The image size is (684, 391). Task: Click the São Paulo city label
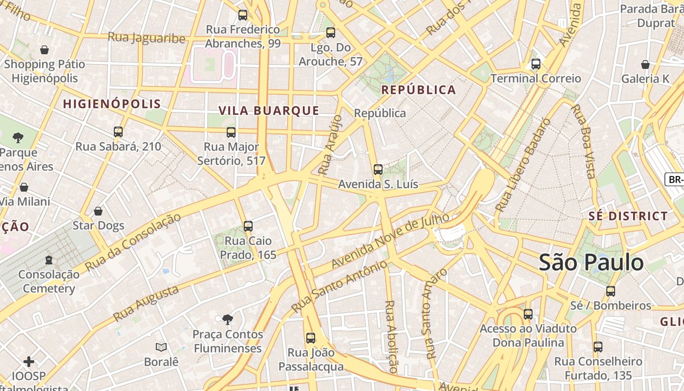point(591,262)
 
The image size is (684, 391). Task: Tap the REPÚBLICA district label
point(418,90)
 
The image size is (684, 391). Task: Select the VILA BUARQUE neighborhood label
point(269,110)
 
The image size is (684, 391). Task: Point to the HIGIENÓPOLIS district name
point(112,104)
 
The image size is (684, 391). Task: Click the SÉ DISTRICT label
point(628,216)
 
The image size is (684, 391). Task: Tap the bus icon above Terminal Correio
point(536,64)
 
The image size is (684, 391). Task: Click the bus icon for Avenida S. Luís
point(378,170)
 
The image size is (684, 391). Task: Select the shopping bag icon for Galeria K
point(645,65)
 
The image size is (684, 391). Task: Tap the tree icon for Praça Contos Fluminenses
point(227,320)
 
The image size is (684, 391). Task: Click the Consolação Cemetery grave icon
point(49,260)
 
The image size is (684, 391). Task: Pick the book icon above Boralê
point(161,347)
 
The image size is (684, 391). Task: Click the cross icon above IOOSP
point(29,362)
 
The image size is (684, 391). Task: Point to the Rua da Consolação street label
point(132,241)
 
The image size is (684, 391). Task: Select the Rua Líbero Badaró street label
point(523,165)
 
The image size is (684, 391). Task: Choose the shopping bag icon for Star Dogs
point(98,211)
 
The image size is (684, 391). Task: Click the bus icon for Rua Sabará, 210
point(118,131)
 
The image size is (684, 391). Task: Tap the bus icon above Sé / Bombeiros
point(611,291)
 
